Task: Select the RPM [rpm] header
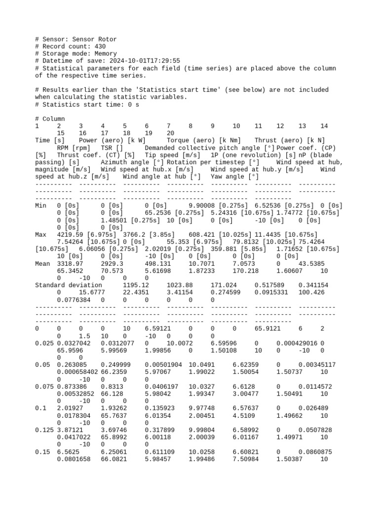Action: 74,148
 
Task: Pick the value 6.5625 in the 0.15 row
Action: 68,452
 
